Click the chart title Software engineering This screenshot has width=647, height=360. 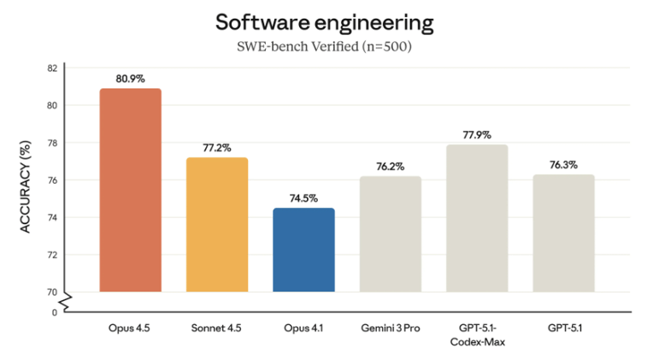point(324,21)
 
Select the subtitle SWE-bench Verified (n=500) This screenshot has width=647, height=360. point(324,47)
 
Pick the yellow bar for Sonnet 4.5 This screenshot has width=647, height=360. point(217,224)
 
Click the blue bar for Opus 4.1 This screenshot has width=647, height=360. point(303,250)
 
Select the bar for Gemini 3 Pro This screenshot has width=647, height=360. point(390,233)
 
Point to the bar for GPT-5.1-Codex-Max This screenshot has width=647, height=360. point(477,218)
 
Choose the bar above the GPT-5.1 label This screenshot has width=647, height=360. point(563,233)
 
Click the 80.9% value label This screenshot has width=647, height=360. point(130,79)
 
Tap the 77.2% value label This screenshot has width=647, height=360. point(217,148)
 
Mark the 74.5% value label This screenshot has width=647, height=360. point(303,198)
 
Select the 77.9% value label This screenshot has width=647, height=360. point(477,135)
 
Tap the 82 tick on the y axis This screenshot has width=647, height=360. point(52,68)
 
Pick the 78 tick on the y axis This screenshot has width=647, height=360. point(52,143)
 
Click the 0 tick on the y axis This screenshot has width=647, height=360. point(54,312)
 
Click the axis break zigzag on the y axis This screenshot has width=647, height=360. point(67,299)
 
